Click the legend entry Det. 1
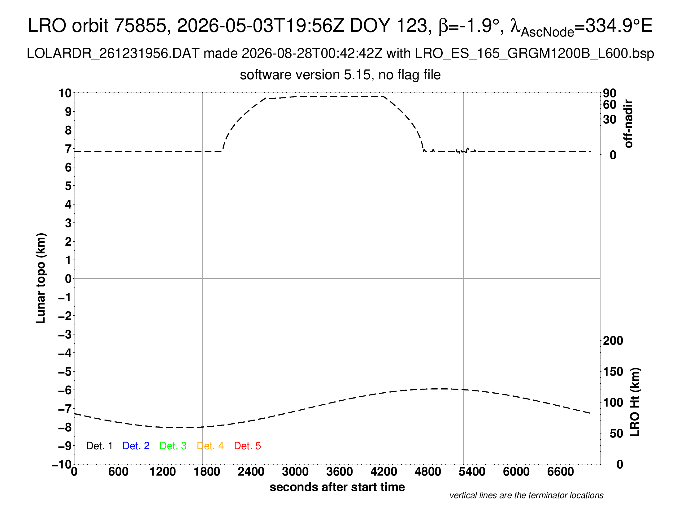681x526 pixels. coord(99,446)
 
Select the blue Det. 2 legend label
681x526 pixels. coord(136,446)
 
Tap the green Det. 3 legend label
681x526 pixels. coord(173,446)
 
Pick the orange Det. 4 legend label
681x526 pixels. coord(210,446)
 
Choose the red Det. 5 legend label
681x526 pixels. coord(247,446)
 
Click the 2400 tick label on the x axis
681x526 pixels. coord(251,472)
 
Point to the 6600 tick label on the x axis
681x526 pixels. coord(561,472)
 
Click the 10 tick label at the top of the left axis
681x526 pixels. coord(65,93)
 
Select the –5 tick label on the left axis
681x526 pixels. coord(65,372)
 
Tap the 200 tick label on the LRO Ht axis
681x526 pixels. coord(613,341)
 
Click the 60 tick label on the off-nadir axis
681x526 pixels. coord(609,105)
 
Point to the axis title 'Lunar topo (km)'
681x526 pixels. coord(41,278)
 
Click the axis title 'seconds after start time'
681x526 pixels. coord(337,487)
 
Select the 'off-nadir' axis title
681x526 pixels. coord(629,124)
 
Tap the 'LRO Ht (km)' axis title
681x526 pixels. coord(635,402)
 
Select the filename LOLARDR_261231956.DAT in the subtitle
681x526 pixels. coord(113,54)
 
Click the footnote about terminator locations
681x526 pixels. coord(526,495)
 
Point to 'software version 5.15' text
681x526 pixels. coord(305,75)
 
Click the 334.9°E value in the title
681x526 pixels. coord(619,25)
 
